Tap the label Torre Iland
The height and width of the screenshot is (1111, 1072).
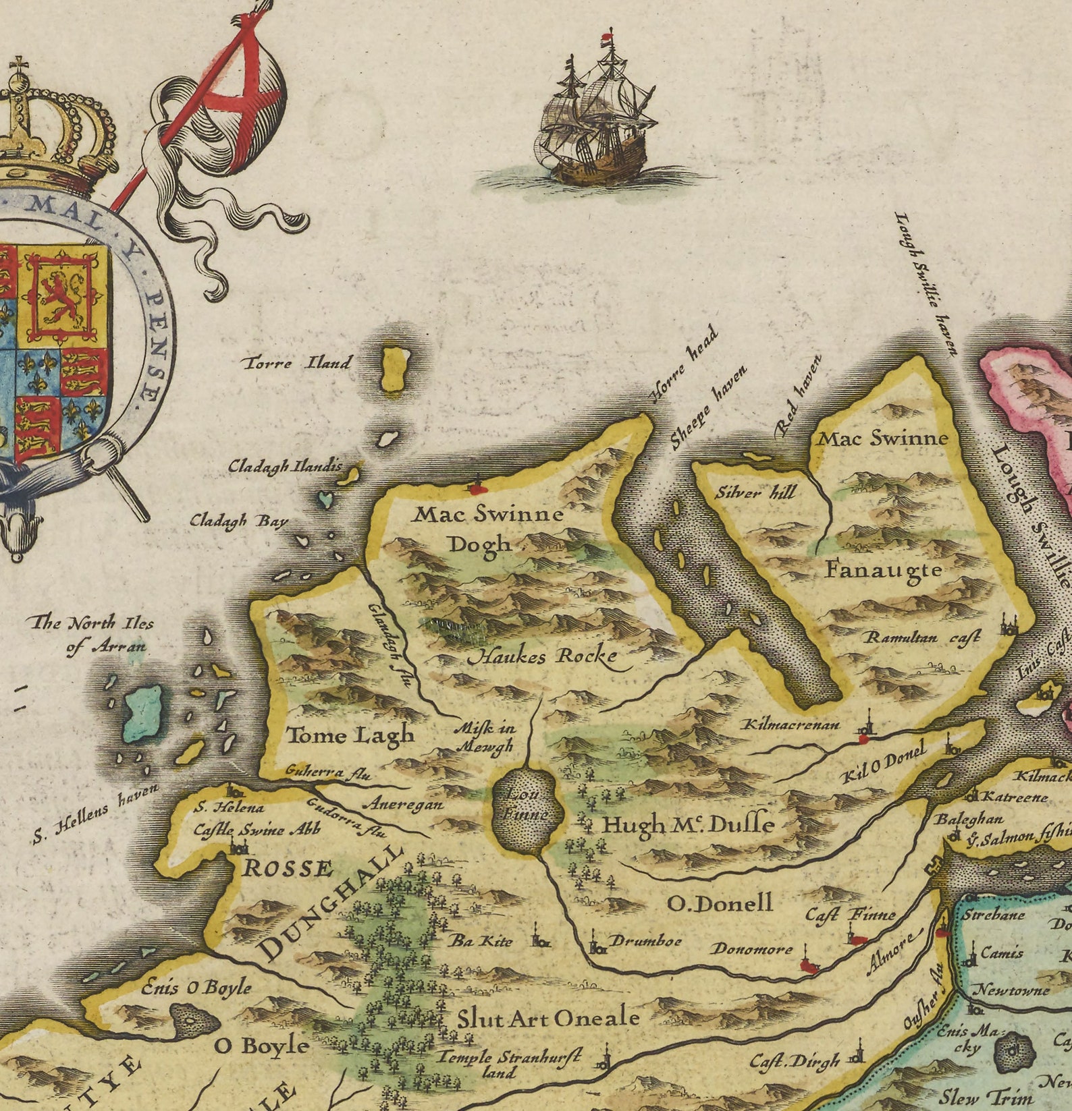[x=298, y=363]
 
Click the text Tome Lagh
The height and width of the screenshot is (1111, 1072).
[x=350, y=735]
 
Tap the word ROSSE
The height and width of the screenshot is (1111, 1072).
[x=288, y=868]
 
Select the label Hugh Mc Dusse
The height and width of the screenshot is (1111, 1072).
[x=687, y=824]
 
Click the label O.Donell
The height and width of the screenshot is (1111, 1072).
[x=719, y=903]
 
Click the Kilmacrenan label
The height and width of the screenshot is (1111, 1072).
[x=791, y=724]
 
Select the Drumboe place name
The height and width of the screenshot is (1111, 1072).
[x=645, y=940]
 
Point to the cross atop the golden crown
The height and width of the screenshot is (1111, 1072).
[x=19, y=66]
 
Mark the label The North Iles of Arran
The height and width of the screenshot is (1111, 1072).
[x=92, y=634]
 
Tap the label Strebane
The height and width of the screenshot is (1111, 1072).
[x=993, y=915]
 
